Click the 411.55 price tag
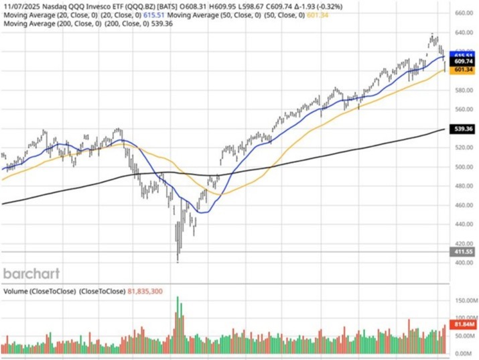(464, 251)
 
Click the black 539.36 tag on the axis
(464, 128)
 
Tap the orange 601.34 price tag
(464, 70)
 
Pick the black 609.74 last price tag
(464, 61)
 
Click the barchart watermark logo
(31, 274)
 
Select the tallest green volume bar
(178, 323)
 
